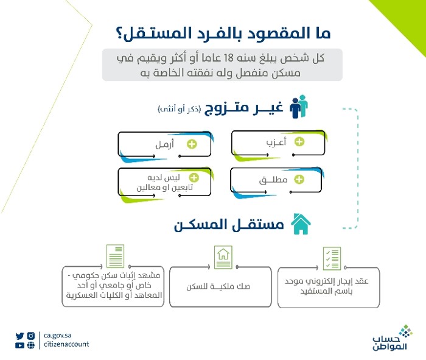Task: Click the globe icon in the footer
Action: click(31, 345)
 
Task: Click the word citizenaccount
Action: click(67, 344)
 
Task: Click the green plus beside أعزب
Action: click(299, 142)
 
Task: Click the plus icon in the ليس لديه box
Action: click(194, 178)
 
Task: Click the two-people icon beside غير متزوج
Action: click(298, 107)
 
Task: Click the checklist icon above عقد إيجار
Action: click(331, 259)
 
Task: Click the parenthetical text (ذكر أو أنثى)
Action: click(178, 109)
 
